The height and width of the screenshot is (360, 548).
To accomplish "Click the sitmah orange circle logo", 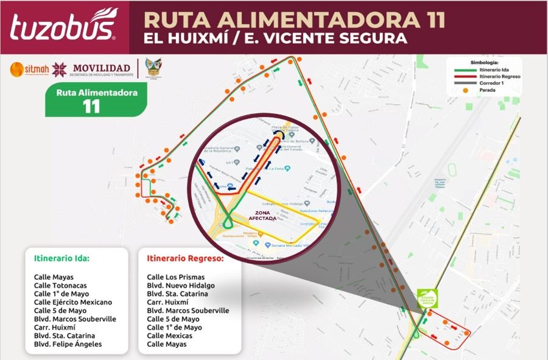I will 17,69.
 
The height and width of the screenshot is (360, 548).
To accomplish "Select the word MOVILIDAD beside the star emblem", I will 101,68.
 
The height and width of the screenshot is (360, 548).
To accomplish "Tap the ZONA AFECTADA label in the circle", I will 265,216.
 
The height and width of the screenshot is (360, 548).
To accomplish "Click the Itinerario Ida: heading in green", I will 62,258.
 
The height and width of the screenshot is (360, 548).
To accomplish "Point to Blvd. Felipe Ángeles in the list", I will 68,344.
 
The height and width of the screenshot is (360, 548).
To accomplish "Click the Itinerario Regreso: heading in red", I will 185,258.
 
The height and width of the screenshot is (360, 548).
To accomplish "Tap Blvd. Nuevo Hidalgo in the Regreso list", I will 181,285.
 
